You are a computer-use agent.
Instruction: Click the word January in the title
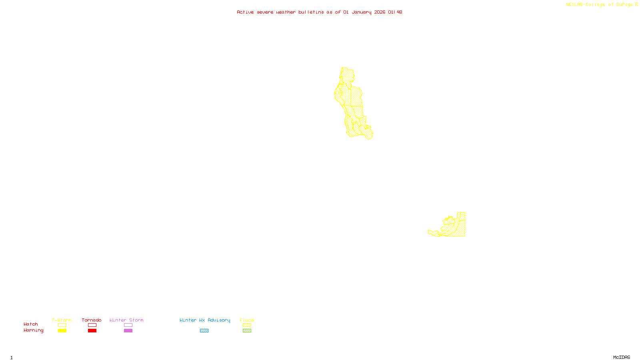pyautogui.click(x=361, y=12)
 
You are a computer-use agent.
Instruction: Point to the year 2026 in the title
pyautogui.click(x=380, y=12)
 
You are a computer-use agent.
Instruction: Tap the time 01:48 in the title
pyautogui.click(x=395, y=12)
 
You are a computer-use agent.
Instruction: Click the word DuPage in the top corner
pyautogui.click(x=624, y=4)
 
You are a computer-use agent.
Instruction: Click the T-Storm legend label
pyautogui.click(x=62, y=320)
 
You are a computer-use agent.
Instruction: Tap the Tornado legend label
pyautogui.click(x=92, y=320)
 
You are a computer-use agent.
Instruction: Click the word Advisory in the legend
pyautogui.click(x=219, y=320)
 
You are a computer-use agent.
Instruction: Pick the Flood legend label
pyautogui.click(x=247, y=320)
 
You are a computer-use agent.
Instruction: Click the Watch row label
pyautogui.click(x=31, y=324)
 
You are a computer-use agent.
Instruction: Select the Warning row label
pyautogui.click(x=33, y=330)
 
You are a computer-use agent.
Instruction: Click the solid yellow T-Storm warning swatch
pyautogui.click(x=62, y=331)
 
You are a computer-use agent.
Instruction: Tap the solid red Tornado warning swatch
pyautogui.click(x=92, y=331)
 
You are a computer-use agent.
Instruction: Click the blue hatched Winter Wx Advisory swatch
pyautogui.click(x=204, y=331)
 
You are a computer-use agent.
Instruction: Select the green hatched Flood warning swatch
pyautogui.click(x=247, y=331)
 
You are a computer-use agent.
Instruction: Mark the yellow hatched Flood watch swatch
pyautogui.click(x=247, y=325)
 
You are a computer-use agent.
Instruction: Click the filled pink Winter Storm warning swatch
pyautogui.click(x=128, y=331)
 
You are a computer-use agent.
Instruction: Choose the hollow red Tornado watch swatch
pyautogui.click(x=92, y=325)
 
